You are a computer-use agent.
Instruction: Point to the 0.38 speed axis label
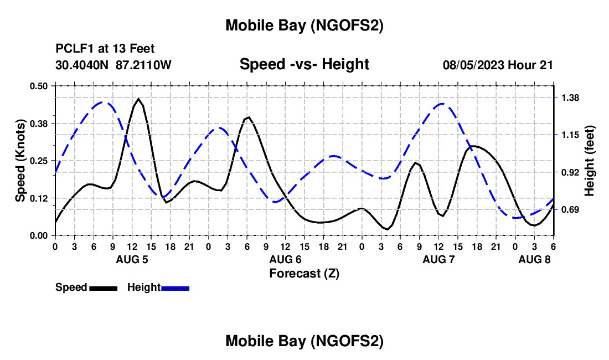click(39, 123)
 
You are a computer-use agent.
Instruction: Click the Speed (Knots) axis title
click(20, 161)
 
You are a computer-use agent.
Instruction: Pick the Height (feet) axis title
click(589, 161)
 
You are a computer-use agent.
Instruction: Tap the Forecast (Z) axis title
click(304, 273)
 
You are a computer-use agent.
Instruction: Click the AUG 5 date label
click(132, 259)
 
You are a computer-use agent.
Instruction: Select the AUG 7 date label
click(438, 259)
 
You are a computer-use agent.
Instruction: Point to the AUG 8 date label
click(534, 259)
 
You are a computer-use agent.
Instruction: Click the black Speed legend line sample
click(103, 288)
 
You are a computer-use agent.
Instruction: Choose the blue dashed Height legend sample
click(175, 288)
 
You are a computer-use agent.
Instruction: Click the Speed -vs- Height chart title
click(304, 64)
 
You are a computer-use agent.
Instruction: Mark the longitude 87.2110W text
click(144, 65)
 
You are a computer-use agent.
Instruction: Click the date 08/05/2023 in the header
click(473, 65)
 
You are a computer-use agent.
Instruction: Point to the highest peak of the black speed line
click(138, 99)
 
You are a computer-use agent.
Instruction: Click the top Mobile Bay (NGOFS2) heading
click(304, 25)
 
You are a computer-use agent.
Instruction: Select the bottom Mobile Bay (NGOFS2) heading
click(304, 341)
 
